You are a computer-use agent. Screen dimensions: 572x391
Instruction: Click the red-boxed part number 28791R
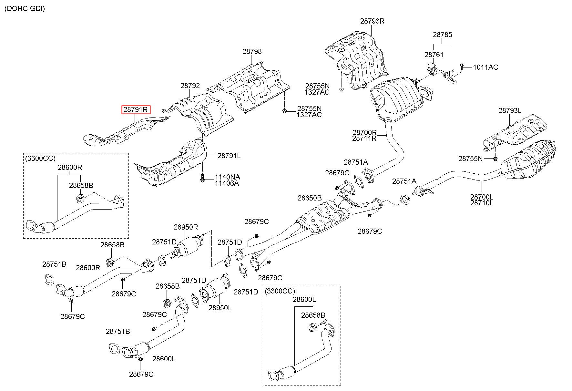coord(136,109)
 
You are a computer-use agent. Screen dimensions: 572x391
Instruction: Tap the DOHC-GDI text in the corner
coord(25,9)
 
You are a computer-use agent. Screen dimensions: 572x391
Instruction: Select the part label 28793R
coord(372,21)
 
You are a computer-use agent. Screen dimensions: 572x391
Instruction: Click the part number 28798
coord(252,51)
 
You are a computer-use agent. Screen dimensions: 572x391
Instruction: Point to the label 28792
coord(190,86)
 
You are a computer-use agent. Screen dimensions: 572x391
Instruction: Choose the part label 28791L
coord(229,156)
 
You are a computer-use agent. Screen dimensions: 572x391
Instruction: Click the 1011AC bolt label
coord(485,67)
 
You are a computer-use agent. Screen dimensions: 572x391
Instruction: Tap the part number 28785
coord(443,35)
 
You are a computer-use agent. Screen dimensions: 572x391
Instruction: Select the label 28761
coord(434,55)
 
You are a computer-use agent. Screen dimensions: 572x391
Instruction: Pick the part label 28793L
coord(510,110)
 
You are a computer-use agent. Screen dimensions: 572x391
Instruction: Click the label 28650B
coord(310,198)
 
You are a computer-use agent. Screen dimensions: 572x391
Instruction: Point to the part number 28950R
coord(186,227)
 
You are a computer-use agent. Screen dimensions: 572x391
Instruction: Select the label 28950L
coord(220,308)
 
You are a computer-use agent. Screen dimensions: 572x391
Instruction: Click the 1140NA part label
coord(228,177)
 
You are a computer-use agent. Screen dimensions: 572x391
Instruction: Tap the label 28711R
coord(364,138)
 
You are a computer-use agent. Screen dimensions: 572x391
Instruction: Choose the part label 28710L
coord(482,203)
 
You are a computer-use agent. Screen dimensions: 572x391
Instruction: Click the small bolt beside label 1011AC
coord(462,67)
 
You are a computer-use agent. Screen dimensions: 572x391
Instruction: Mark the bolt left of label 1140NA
coord(202,178)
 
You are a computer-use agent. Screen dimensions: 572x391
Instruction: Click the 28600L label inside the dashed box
coord(304,300)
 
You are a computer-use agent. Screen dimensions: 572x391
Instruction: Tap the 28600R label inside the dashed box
coord(70,167)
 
